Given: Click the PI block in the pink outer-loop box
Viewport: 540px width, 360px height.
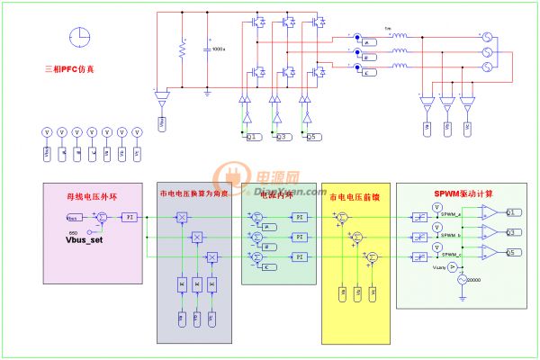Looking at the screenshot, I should click(130, 218).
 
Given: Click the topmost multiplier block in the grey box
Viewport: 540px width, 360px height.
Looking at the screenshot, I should click(182, 218).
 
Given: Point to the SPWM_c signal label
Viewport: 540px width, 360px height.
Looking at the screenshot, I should click(452, 255).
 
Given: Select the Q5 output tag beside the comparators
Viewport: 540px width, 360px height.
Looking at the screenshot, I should click(510, 251).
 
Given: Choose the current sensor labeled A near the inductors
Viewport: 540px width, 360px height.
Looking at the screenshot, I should click(367, 42).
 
